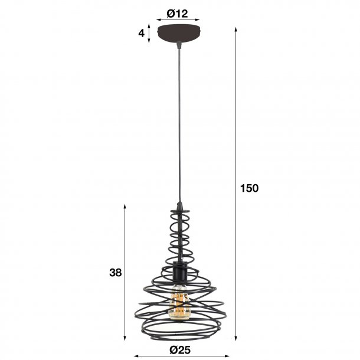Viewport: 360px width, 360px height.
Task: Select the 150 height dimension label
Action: (250, 188)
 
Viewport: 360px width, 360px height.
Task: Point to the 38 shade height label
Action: (115, 273)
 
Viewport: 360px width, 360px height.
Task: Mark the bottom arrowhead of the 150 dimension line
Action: (237, 339)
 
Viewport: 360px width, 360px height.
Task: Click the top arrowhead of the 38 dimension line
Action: (125, 206)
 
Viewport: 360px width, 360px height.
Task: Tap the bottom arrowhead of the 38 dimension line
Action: (125, 339)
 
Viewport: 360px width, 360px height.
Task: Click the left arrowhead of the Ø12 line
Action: (158, 19)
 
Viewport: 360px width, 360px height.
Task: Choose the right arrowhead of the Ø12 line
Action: (198, 19)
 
